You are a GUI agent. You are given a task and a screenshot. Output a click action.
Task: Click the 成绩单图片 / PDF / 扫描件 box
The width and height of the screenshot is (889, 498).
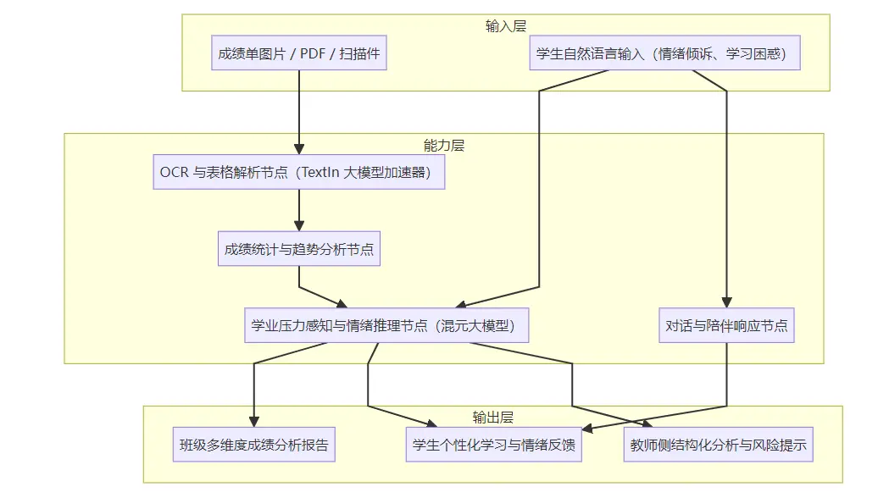(x=299, y=53)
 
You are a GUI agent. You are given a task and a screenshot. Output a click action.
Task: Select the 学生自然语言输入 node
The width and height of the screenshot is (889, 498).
(x=665, y=53)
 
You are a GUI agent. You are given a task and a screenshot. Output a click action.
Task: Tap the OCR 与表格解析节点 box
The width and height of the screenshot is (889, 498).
(x=299, y=172)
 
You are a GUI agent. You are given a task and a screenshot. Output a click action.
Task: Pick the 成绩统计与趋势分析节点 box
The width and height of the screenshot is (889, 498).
(x=299, y=249)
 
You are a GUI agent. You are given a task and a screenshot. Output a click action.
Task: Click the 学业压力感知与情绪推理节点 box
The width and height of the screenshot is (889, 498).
(x=387, y=325)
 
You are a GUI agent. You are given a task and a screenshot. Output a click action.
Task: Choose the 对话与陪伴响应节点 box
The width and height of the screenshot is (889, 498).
(x=726, y=325)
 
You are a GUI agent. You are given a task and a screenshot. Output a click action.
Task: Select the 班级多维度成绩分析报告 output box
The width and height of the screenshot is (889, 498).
(x=253, y=444)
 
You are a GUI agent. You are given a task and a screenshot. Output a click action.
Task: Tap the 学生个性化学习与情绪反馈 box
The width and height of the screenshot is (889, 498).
(x=494, y=444)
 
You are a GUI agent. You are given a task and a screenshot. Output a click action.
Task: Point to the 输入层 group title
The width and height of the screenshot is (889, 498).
(x=506, y=25)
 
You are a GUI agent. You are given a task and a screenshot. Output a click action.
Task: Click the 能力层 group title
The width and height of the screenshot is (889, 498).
(x=444, y=145)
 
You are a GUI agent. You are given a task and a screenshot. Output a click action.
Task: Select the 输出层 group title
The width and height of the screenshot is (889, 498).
(x=493, y=417)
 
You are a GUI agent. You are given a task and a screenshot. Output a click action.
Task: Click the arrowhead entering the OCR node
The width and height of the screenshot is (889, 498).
(x=299, y=149)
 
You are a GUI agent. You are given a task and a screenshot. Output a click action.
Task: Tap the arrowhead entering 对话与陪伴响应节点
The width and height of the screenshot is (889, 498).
(x=726, y=302)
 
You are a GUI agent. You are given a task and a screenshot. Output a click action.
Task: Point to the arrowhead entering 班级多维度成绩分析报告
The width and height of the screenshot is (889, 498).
(x=253, y=422)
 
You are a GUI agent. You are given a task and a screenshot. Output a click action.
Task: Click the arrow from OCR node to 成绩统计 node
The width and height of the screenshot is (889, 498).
(x=299, y=209)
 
